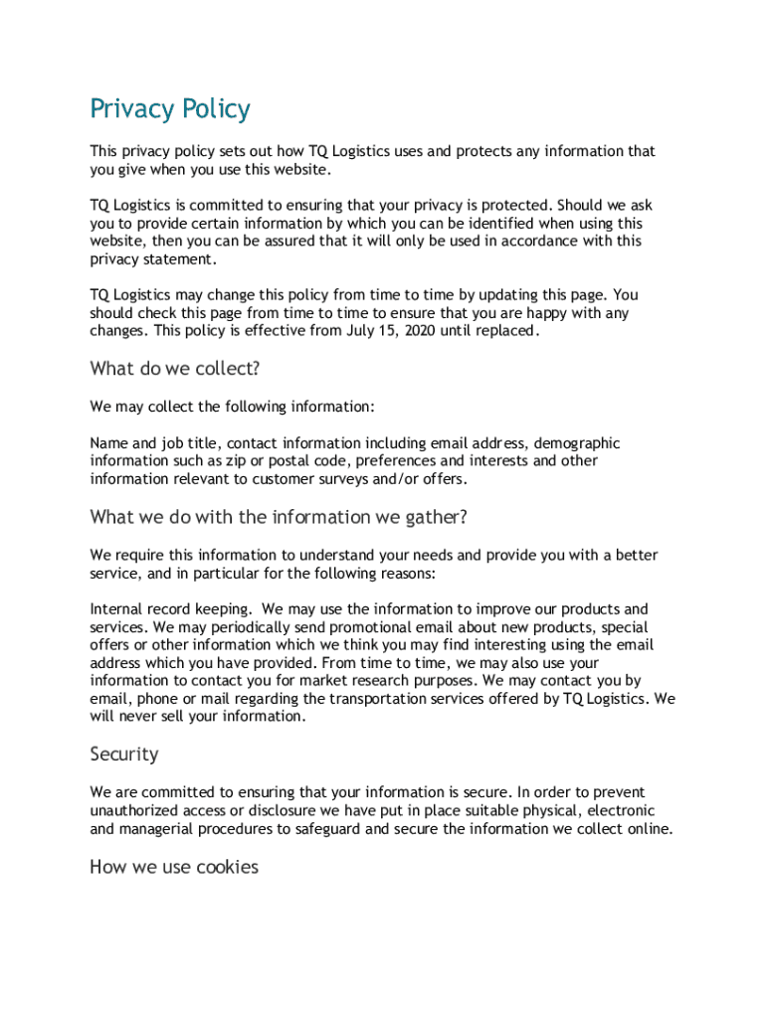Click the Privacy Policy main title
(170, 108)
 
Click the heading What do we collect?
(175, 369)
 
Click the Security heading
(124, 755)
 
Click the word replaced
(508, 331)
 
